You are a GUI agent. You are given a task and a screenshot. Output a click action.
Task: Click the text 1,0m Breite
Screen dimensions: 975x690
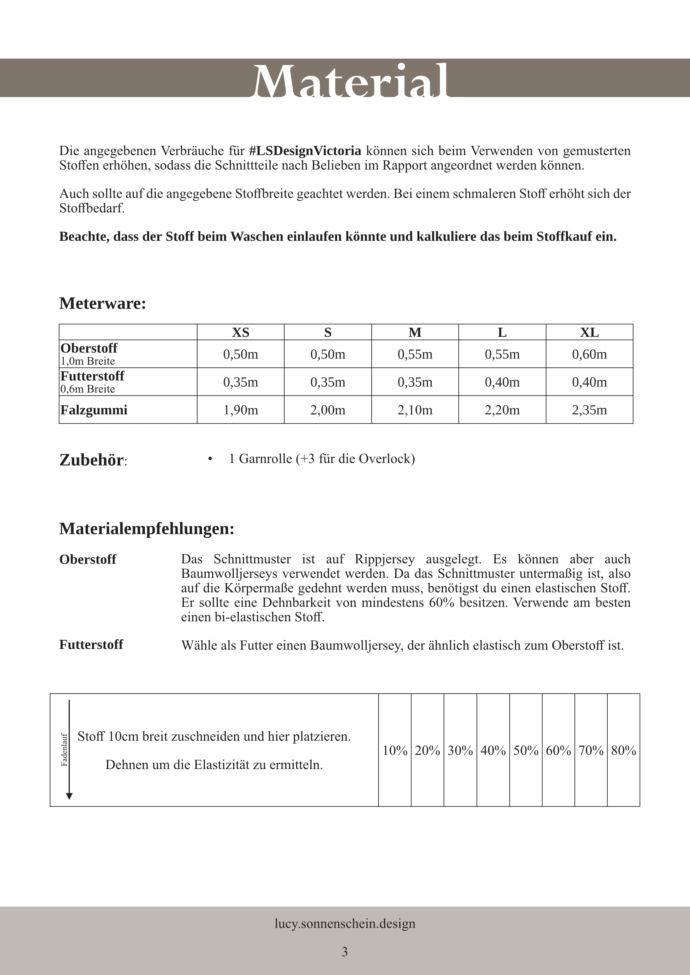click(88, 361)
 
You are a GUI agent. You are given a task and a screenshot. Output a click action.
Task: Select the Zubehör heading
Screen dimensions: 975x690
click(92, 460)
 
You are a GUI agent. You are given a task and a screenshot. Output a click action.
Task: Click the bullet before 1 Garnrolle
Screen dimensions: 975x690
click(210, 459)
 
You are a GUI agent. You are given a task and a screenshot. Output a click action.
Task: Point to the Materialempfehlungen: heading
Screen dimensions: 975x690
click(147, 529)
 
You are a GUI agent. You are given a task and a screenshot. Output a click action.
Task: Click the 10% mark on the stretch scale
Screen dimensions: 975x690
click(395, 751)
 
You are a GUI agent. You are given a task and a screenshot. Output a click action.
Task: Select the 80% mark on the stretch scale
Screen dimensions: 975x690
click(623, 751)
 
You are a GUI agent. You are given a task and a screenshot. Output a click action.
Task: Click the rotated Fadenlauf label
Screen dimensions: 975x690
click(65, 750)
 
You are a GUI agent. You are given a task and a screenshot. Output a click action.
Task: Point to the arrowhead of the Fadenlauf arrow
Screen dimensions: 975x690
click(69, 796)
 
